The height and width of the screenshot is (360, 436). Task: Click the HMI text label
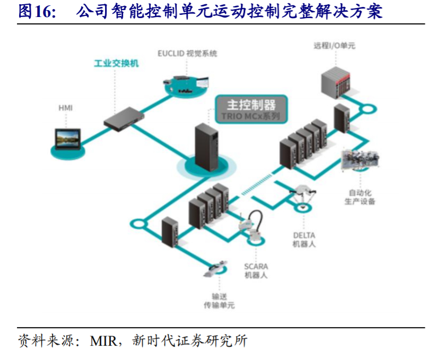coord(65,108)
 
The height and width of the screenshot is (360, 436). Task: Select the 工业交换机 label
coord(116,63)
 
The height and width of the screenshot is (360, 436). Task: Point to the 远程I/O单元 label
coord(334,46)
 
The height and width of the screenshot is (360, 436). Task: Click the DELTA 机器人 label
coord(304,239)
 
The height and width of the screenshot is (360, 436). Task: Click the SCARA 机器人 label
coord(256,271)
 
